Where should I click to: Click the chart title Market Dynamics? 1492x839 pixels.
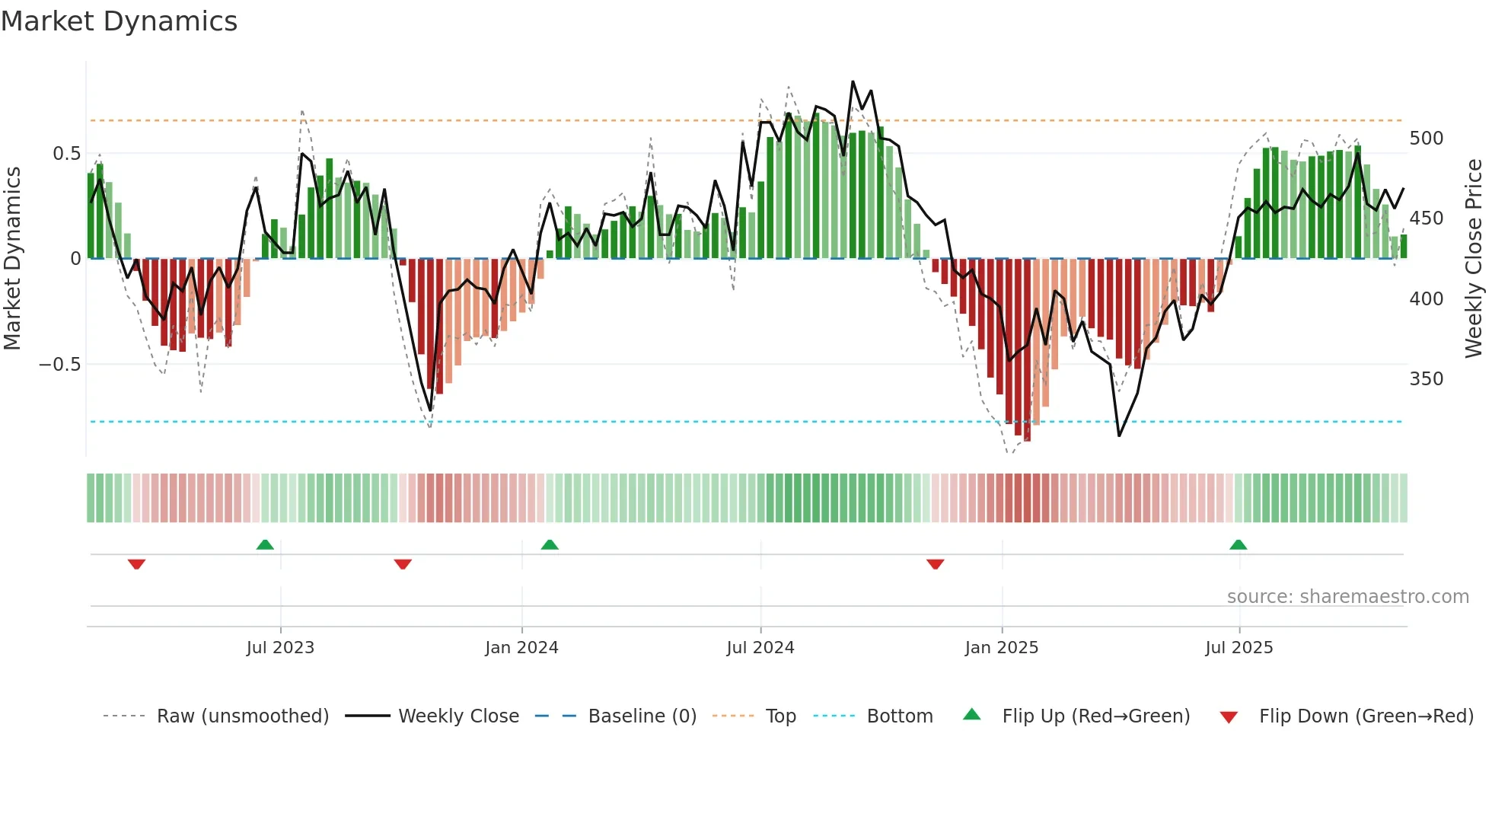[120, 21]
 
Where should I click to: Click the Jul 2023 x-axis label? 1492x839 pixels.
[280, 648]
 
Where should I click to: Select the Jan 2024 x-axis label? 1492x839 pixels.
[521, 648]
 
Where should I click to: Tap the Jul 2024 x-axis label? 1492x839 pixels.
[760, 648]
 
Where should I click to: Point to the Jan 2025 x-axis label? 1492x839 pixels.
[1001, 648]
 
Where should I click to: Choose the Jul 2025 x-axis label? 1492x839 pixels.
[1239, 648]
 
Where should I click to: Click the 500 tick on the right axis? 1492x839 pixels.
[1426, 139]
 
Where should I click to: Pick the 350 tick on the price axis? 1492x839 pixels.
[1426, 379]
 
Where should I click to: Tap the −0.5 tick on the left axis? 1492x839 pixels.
[59, 365]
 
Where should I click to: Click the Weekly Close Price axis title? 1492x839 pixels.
[1474, 259]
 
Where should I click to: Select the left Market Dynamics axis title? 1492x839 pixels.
[12, 259]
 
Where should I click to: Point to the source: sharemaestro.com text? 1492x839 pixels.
[1347, 597]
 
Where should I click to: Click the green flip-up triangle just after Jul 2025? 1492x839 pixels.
[1238, 545]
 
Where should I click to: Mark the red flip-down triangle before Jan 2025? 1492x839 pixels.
[935, 564]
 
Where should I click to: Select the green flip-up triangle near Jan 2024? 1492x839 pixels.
[549, 545]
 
